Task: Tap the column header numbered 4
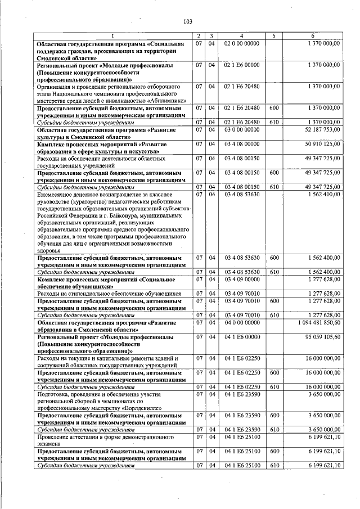point(241,36)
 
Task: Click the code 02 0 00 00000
point(241,43)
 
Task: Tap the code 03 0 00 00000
point(241,129)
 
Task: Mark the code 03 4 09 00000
point(241,279)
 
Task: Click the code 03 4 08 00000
point(241,144)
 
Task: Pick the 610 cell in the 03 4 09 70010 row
point(274,315)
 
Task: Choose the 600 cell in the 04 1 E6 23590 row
point(274,416)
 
